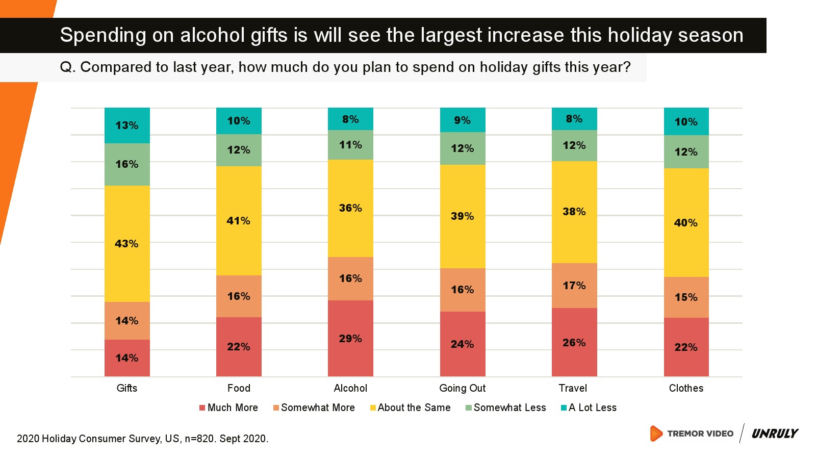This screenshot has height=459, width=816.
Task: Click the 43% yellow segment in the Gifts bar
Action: click(x=127, y=244)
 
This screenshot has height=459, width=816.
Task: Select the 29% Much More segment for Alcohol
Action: click(x=350, y=339)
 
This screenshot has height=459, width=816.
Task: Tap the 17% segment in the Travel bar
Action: click(x=574, y=286)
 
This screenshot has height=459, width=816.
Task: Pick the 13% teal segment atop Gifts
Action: click(x=127, y=125)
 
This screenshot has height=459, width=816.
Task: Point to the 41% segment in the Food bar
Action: click(x=239, y=221)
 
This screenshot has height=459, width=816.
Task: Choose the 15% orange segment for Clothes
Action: click(x=686, y=297)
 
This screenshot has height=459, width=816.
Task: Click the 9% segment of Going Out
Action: click(x=463, y=120)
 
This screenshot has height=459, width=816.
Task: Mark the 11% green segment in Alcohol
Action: click(x=350, y=145)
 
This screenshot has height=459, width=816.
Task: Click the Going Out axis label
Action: click(x=463, y=388)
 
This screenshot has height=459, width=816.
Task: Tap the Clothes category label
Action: click(x=686, y=388)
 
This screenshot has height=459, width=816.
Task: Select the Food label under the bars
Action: click(x=239, y=388)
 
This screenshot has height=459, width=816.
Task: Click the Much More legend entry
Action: click(x=229, y=407)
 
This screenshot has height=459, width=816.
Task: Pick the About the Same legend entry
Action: click(x=411, y=407)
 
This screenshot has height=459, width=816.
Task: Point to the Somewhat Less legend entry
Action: click(x=506, y=407)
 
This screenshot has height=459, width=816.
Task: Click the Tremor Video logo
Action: click(x=692, y=433)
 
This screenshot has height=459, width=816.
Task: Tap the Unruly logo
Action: click(x=775, y=433)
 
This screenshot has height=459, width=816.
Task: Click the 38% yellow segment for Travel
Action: click(x=574, y=212)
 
